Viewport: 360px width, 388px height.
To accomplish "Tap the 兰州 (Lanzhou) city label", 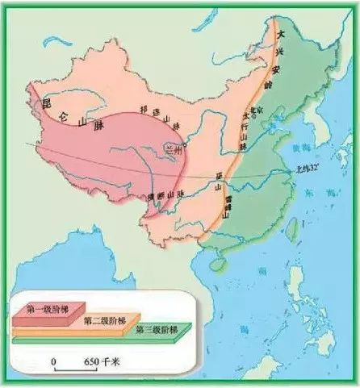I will pos(172,148).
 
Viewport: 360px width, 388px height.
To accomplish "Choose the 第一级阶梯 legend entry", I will pos(49,309).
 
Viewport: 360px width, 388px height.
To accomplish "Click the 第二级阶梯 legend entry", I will pos(106,320).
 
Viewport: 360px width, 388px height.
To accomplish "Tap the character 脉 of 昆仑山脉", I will pos(99,127).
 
